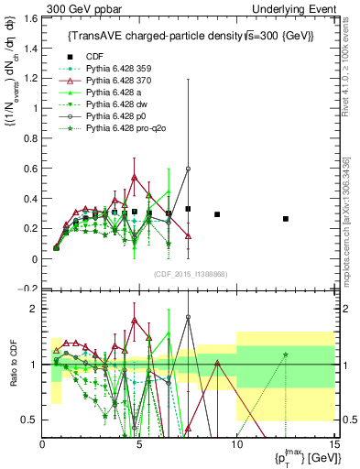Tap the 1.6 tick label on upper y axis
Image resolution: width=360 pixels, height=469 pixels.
click(29, 18)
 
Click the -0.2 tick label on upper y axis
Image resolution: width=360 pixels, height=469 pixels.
click(27, 288)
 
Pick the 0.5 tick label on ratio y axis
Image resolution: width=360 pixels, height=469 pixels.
click(29, 420)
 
